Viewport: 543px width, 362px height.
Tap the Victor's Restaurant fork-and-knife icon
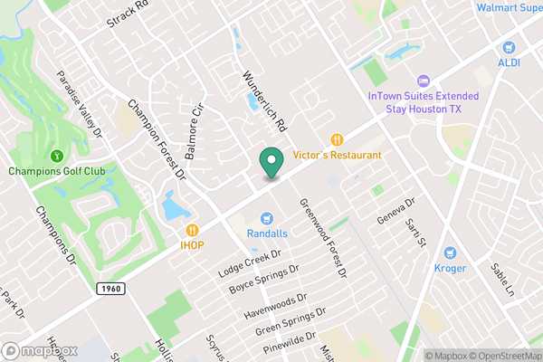point(338,139)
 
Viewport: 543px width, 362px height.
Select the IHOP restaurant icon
point(193,230)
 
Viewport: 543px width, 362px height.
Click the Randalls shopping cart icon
point(267,217)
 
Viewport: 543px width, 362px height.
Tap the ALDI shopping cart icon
point(509,47)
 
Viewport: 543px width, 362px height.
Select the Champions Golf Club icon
point(56,157)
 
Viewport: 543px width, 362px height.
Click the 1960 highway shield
point(106,287)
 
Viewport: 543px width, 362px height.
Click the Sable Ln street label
point(502,280)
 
